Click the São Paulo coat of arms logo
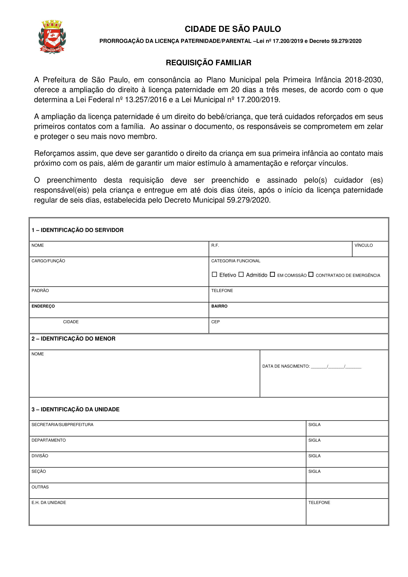[52, 37]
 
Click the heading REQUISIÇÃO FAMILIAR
[208, 63]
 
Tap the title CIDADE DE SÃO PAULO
[233, 29]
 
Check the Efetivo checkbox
[214, 274]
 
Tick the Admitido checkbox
[241, 274]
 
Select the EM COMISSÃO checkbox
[272, 274]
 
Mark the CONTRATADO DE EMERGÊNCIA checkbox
[311, 274]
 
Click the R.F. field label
[215, 245]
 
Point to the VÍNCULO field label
[364, 245]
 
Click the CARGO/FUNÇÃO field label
[48, 261]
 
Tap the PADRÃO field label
[40, 291]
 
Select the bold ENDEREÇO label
[43, 306]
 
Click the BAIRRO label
[219, 306]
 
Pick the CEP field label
[216, 322]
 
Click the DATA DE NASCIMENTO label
[286, 366]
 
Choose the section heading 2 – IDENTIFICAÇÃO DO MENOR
[73, 338]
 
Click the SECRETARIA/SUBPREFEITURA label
[62, 425]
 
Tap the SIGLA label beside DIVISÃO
[314, 456]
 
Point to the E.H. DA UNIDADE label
[49, 502]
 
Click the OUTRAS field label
[40, 487]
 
